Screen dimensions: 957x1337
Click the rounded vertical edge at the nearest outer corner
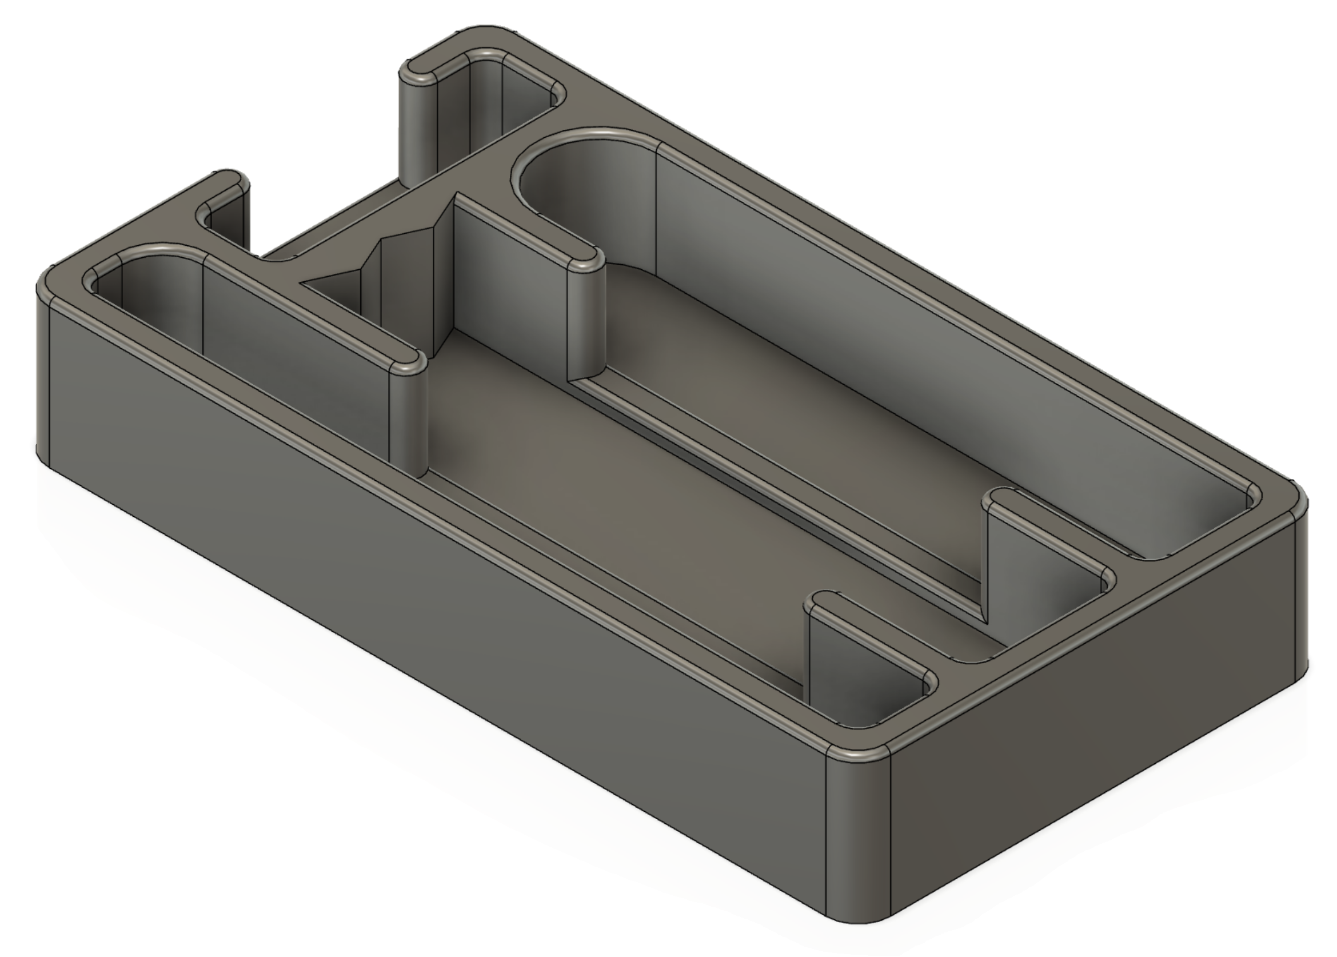tap(857, 837)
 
